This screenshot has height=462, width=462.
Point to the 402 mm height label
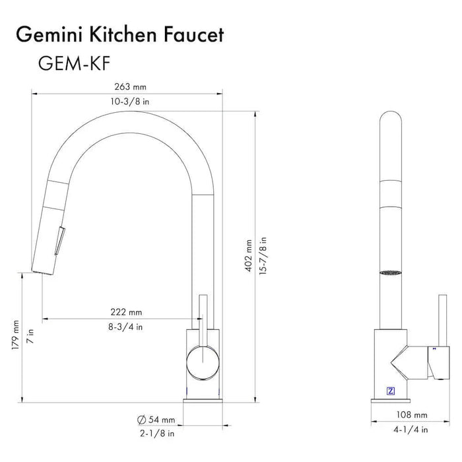[x=249, y=250]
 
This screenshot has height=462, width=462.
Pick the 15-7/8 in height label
[x=264, y=250]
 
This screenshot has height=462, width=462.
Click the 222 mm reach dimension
[x=126, y=312]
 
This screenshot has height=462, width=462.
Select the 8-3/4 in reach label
[x=126, y=326]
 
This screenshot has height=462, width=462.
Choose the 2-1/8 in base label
[x=157, y=434]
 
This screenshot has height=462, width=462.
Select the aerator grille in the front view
[x=391, y=271]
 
